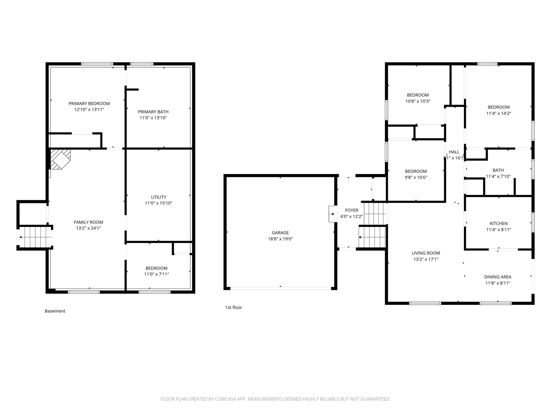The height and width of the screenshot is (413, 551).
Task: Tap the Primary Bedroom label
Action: (89, 104)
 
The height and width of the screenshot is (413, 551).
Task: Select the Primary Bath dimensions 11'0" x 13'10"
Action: (153, 118)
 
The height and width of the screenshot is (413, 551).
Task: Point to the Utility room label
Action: (159, 197)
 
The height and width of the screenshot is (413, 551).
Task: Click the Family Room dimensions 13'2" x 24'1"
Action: (88, 228)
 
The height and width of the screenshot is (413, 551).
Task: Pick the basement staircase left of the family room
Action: (35, 237)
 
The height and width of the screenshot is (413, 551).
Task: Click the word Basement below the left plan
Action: (55, 311)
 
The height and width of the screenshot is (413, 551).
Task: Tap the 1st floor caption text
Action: (234, 307)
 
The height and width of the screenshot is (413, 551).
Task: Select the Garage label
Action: (280, 233)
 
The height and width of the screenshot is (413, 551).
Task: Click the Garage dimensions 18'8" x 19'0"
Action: (280, 239)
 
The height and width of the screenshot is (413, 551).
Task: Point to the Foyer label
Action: (352, 210)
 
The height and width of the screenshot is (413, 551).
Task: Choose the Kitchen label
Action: (499, 223)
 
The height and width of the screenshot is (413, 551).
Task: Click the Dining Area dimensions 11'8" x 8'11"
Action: (498, 283)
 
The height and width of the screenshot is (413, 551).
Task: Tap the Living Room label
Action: (426, 253)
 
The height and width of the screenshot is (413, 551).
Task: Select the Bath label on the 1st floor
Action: (498, 170)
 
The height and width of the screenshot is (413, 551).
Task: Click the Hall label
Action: (454, 152)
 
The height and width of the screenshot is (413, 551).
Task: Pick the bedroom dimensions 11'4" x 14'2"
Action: (499, 113)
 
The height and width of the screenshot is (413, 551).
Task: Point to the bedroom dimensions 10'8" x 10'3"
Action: (418, 101)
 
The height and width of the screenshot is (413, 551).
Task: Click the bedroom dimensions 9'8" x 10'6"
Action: (416, 178)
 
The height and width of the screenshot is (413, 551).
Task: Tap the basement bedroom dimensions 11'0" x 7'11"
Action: (156, 274)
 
